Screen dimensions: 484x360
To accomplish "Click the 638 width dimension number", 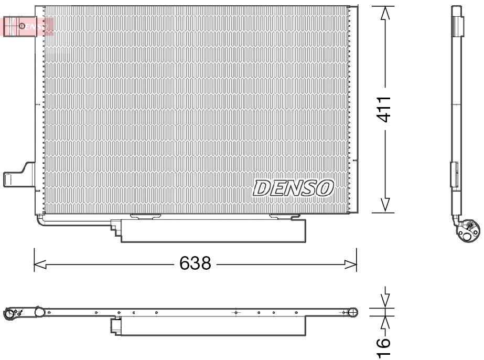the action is click(195, 263).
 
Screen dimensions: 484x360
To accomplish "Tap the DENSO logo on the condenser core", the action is click(293, 188).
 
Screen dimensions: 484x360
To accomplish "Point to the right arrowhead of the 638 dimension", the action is click(351, 264).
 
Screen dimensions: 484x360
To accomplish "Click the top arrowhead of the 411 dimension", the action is click(385, 14).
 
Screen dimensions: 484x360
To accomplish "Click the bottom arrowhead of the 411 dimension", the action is click(385, 205).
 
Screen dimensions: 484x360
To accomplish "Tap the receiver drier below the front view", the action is click(213, 230).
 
